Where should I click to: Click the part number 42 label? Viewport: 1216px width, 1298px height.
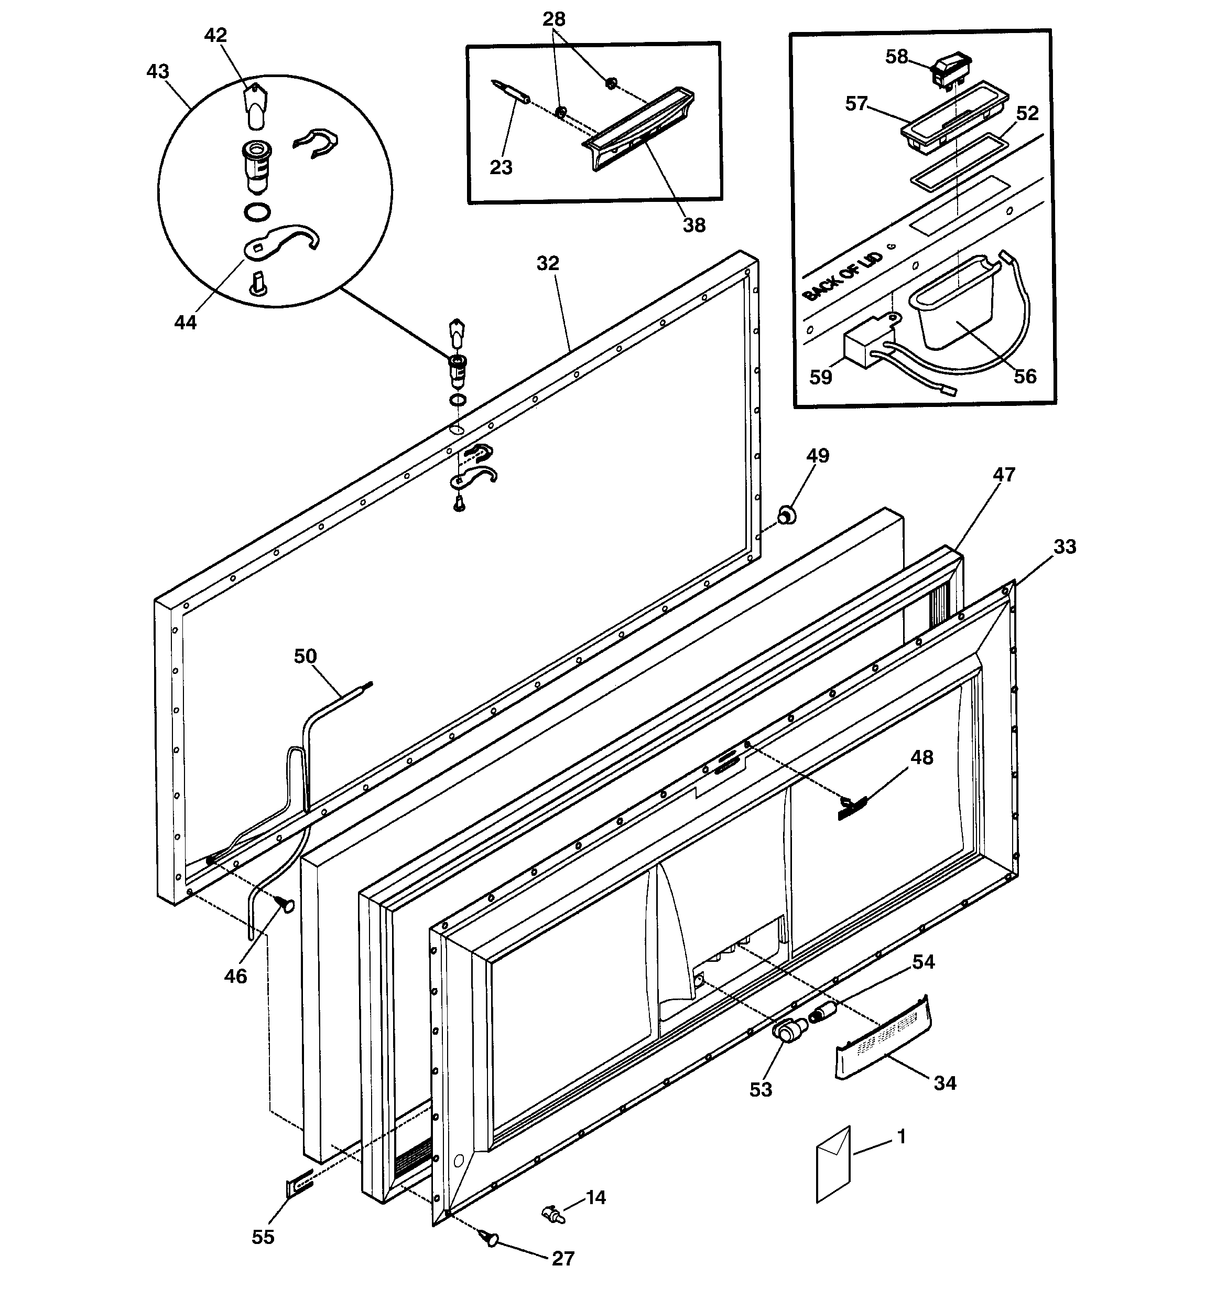pos(215,35)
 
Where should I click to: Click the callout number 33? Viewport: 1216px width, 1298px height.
pos(1064,546)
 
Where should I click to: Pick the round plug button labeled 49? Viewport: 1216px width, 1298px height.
pos(787,516)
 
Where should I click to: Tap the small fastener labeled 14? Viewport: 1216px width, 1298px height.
pos(553,1215)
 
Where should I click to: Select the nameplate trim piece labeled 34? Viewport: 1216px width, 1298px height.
pos(883,1038)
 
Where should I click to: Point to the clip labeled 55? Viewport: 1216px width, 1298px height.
pos(298,1186)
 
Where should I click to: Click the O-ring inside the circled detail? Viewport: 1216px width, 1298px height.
pos(258,211)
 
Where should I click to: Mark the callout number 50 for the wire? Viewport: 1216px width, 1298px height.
pos(306,656)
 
